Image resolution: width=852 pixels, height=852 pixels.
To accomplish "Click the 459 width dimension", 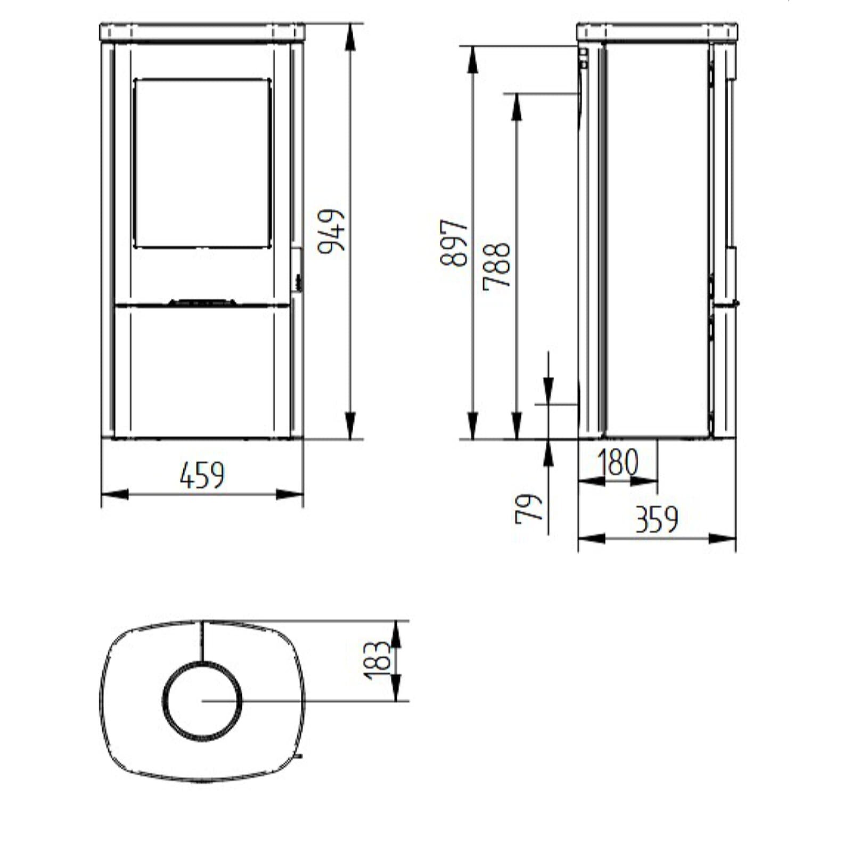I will [x=202, y=475].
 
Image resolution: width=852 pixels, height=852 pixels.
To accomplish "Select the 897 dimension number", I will [x=454, y=242].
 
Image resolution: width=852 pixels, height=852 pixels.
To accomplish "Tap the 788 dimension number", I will [x=497, y=266].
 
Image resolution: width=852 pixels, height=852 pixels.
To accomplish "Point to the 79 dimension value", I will [x=529, y=509].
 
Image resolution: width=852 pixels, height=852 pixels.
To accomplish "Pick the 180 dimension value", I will [x=617, y=462].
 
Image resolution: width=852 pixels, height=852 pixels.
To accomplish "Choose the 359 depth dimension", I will [x=657, y=520].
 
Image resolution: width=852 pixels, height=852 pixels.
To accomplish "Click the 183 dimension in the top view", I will [x=377, y=660].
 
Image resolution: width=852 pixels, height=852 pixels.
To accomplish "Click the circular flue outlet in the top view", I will [x=202, y=701].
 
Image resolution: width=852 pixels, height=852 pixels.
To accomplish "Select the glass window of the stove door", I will [x=202, y=163].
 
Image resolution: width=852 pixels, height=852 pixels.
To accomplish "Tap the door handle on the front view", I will [x=297, y=269].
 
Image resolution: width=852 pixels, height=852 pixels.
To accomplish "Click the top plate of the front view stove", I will [x=202, y=32].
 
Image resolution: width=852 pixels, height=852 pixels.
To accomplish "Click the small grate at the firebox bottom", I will [x=202, y=302].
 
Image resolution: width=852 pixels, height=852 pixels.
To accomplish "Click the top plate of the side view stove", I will [x=657, y=32].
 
